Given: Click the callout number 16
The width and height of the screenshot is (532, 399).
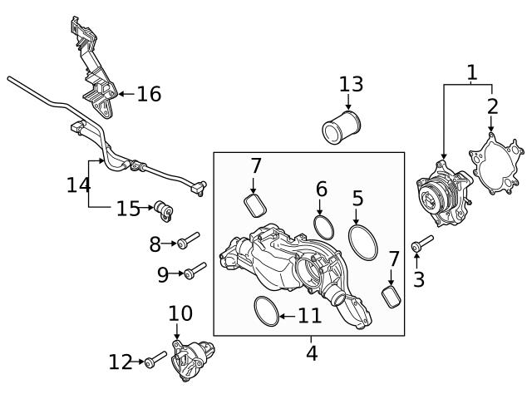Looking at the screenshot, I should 149,94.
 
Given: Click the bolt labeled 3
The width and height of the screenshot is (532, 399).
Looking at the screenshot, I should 422,244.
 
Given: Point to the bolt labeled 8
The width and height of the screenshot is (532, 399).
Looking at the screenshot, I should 186,242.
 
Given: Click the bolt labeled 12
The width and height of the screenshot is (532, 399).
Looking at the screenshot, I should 155,360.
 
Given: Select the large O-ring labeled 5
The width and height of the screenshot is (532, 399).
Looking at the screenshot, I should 362,241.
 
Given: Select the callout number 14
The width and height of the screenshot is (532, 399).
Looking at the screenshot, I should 78,184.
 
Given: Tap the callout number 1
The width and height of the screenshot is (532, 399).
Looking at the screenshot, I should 472,72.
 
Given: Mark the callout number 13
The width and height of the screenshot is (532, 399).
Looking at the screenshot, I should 351,84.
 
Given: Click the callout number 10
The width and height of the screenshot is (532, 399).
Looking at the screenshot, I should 180,313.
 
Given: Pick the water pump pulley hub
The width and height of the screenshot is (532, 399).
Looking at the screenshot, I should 431,197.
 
